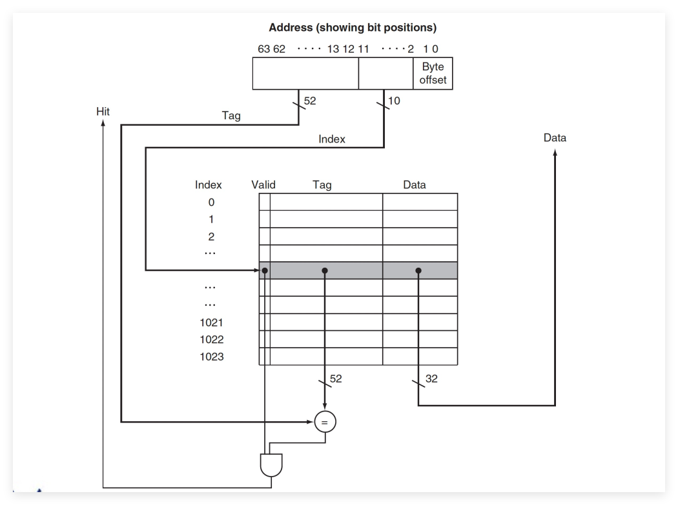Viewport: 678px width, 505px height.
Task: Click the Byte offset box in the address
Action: [433, 74]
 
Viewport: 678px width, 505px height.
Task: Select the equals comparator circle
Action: [325, 422]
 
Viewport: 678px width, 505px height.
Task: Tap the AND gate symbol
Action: [271, 465]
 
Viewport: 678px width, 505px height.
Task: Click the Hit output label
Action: [103, 112]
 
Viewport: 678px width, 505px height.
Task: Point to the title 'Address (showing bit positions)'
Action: [353, 28]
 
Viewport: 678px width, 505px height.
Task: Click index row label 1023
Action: [211, 357]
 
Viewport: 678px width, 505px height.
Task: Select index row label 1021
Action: [211, 322]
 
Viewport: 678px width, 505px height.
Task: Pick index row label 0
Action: [211, 202]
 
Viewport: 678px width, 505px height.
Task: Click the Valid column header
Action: [263, 185]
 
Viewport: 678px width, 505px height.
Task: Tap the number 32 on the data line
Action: [431, 379]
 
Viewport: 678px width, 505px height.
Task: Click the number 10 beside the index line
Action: [394, 101]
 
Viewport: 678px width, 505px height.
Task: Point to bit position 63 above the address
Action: [263, 49]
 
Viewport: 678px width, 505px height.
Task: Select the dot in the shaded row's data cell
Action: [418, 270]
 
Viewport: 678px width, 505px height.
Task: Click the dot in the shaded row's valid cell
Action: [265, 270]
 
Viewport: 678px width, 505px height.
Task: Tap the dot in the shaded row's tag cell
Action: [325, 270]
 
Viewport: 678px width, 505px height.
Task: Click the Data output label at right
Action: [555, 138]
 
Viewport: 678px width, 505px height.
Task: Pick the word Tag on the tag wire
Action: [231, 116]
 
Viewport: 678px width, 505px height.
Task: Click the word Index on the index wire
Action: [332, 139]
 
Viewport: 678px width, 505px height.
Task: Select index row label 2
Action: [211, 236]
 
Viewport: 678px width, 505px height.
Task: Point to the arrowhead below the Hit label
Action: [103, 123]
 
